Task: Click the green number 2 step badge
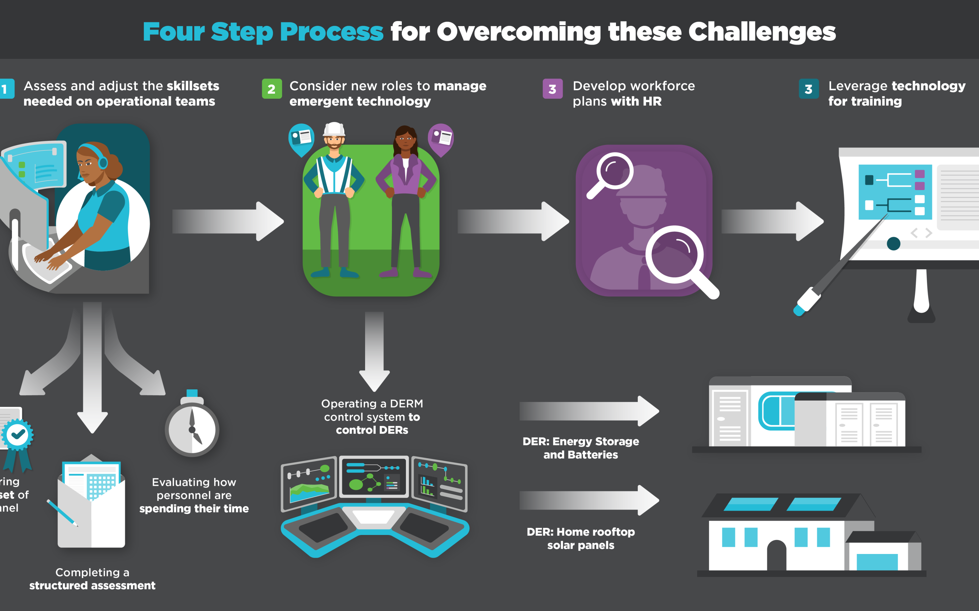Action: [272, 89]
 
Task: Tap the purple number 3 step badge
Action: [552, 89]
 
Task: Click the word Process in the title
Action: [331, 32]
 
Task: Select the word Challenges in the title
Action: [762, 32]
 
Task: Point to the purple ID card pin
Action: [441, 138]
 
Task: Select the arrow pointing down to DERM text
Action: [374, 352]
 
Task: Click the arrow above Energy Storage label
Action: [589, 411]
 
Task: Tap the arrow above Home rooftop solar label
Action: [589, 500]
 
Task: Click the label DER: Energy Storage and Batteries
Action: [581, 448]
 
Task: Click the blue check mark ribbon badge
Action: [17, 436]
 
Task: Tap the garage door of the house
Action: [877, 562]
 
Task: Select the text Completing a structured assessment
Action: [92, 579]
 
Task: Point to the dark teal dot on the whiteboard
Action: [893, 244]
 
